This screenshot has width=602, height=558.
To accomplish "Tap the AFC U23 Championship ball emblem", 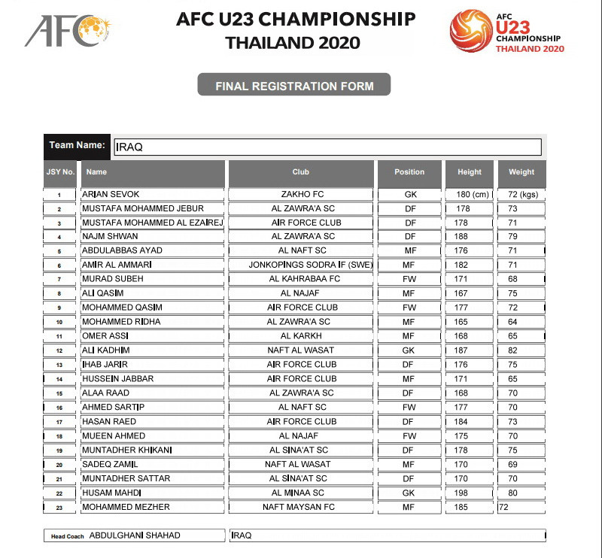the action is coord(471,31).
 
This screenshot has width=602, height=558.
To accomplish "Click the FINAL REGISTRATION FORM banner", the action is coord(294,86).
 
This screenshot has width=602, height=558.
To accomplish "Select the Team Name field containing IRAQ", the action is coord(327,147).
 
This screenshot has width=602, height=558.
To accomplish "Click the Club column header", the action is coord(301,172).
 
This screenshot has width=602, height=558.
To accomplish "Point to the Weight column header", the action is coord(521,172).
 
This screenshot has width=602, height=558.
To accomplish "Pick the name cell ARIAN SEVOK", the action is coord(111,194).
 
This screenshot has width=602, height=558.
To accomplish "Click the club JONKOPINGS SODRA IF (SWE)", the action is coord(300,265).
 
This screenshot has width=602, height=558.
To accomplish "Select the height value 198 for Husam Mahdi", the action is coord(462,493).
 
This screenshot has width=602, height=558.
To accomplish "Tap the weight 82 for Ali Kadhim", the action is coord(512,350).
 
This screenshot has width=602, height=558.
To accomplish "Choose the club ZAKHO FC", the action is coord(300,194).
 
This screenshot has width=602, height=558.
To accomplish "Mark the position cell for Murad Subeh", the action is coord(410,279).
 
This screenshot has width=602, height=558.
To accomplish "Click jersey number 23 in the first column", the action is coord(59,508).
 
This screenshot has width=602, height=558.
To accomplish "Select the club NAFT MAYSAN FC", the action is coord(299,507).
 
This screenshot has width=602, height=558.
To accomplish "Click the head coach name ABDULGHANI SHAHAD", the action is coord(135,535).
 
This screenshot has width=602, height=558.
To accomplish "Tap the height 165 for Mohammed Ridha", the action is coord(462,321).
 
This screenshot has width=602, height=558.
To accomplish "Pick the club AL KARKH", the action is coord(301,335).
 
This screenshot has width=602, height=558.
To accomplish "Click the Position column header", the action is coord(409,172).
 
